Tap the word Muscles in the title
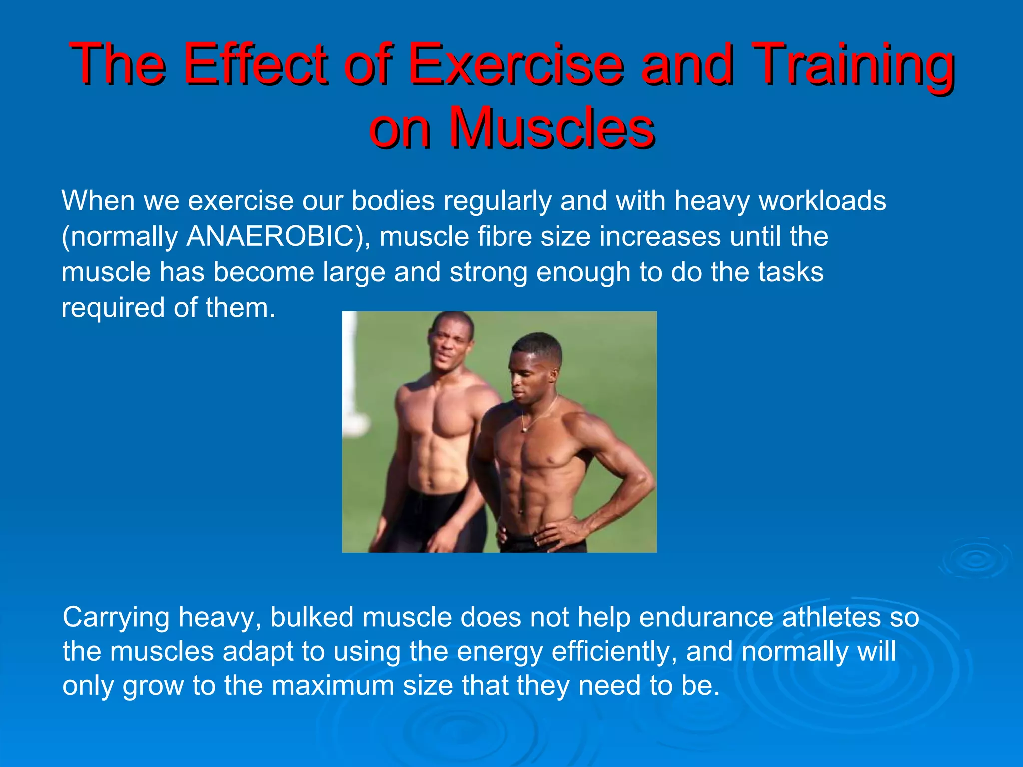click(551, 128)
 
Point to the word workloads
click(822, 201)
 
